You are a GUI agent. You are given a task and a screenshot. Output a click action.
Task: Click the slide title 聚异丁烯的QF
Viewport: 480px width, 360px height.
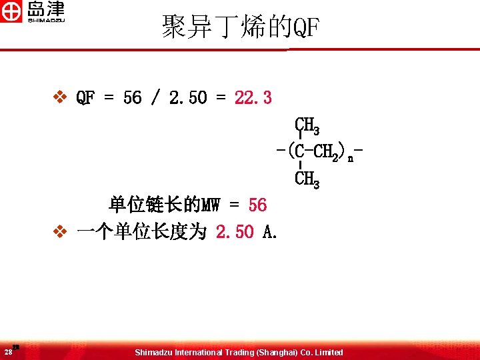pyautogui.click(x=241, y=27)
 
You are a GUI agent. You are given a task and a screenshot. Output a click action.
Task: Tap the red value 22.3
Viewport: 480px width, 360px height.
pyautogui.click(x=253, y=98)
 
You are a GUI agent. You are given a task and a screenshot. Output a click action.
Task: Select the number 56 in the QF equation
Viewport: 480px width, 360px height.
pyautogui.click(x=132, y=98)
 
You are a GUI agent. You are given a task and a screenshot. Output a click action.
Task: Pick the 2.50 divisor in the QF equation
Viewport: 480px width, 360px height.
pyautogui.click(x=188, y=98)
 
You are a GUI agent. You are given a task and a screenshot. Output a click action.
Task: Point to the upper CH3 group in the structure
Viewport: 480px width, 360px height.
pyautogui.click(x=307, y=125)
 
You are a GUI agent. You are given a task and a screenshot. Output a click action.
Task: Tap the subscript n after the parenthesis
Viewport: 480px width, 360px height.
pyautogui.click(x=350, y=158)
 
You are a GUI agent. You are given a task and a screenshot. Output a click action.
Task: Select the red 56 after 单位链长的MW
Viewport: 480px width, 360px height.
pyautogui.click(x=257, y=205)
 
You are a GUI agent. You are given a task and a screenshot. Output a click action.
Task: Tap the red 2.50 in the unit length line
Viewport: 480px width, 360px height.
pyautogui.click(x=235, y=232)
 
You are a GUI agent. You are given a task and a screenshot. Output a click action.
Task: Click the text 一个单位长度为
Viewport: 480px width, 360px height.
pyautogui.click(x=141, y=232)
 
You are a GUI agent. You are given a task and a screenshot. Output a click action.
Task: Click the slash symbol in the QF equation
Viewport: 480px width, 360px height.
pyautogui.click(x=155, y=98)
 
